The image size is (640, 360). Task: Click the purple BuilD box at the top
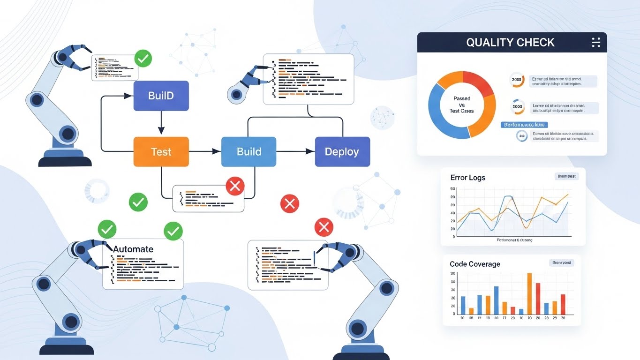[161, 96]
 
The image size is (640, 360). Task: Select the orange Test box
[161, 151]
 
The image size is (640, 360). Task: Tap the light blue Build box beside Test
[248, 151]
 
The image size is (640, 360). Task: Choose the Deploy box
[342, 151]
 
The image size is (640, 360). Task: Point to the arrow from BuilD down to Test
[161, 124]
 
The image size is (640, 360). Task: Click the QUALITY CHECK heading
[510, 43]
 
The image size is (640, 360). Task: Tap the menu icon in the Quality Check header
[596, 43]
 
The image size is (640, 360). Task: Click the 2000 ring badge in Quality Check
[516, 80]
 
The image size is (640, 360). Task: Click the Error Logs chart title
[467, 178]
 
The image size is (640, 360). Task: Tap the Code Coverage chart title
[474, 264]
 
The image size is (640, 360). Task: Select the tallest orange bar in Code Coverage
[529, 293]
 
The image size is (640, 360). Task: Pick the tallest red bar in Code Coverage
[538, 299]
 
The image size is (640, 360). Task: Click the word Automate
[133, 249]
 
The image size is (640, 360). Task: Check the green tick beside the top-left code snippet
[143, 59]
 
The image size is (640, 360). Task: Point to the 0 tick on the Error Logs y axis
[453, 237]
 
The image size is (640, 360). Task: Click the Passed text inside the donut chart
[462, 99]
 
